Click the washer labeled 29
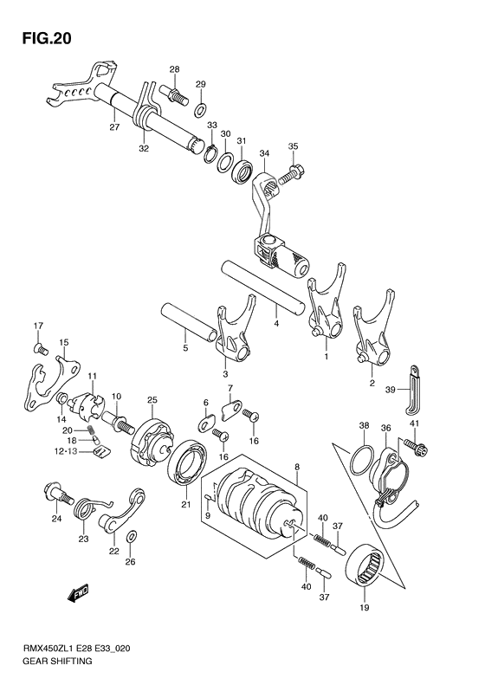click(x=201, y=109)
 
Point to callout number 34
click(x=264, y=154)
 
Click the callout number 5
click(x=184, y=349)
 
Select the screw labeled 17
click(x=38, y=348)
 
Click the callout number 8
click(x=297, y=466)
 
